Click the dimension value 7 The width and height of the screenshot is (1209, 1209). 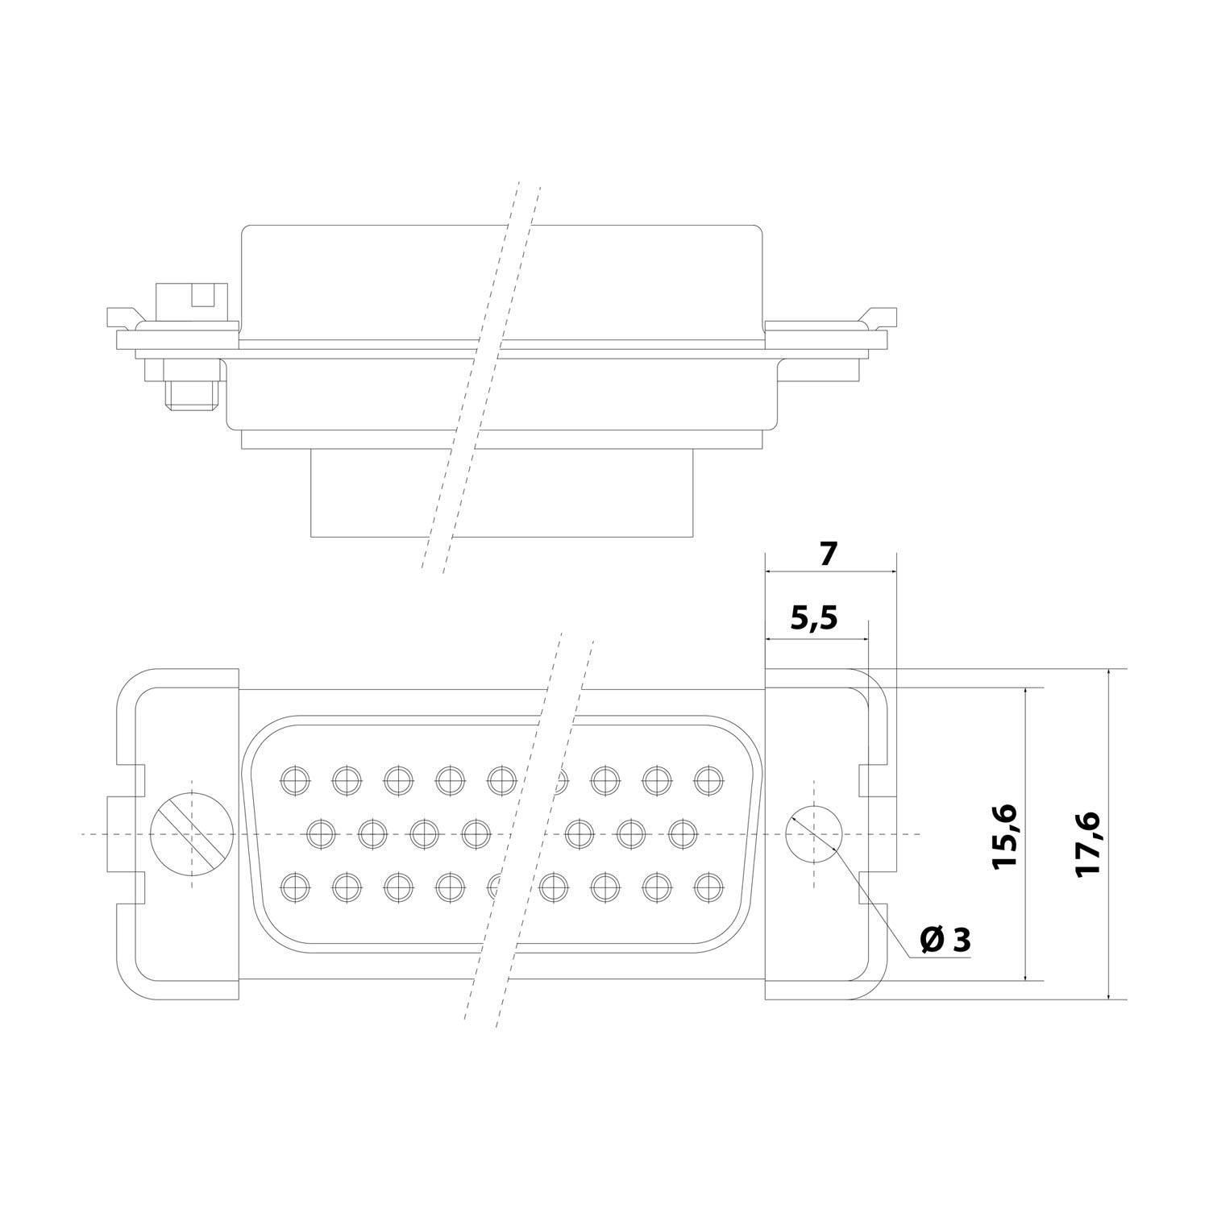(x=829, y=554)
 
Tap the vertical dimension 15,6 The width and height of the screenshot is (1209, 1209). (x=1006, y=835)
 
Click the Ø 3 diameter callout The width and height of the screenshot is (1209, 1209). (x=945, y=939)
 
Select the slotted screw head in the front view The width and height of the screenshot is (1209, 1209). (x=193, y=833)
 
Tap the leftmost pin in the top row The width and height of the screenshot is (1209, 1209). (x=294, y=778)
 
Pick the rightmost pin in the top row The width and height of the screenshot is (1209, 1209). (x=707, y=778)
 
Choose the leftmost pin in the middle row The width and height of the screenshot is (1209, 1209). (x=322, y=833)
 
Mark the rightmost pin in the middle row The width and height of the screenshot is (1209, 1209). (x=682, y=833)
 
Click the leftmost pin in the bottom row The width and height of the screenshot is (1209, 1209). (x=294, y=887)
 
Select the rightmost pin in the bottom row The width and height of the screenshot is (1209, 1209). (x=707, y=887)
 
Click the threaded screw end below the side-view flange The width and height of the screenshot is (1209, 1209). (x=192, y=395)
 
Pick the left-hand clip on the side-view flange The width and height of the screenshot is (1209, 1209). (x=121, y=315)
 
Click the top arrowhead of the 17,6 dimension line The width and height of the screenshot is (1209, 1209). (x=1109, y=675)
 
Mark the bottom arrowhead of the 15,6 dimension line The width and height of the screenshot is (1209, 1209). (x=1025, y=974)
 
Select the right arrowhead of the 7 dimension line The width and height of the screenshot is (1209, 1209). (x=890, y=571)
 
